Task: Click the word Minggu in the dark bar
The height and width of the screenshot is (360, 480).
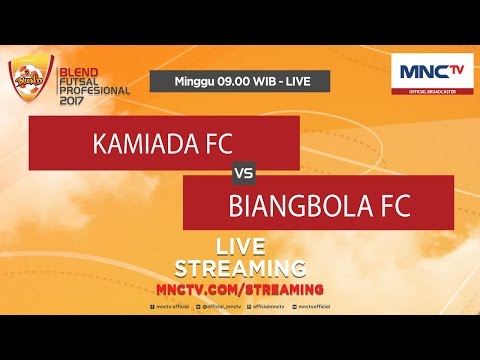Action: point(196,79)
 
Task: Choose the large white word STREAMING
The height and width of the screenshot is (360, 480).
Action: point(240,267)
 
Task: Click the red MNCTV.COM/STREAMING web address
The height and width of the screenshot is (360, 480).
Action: point(240,288)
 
